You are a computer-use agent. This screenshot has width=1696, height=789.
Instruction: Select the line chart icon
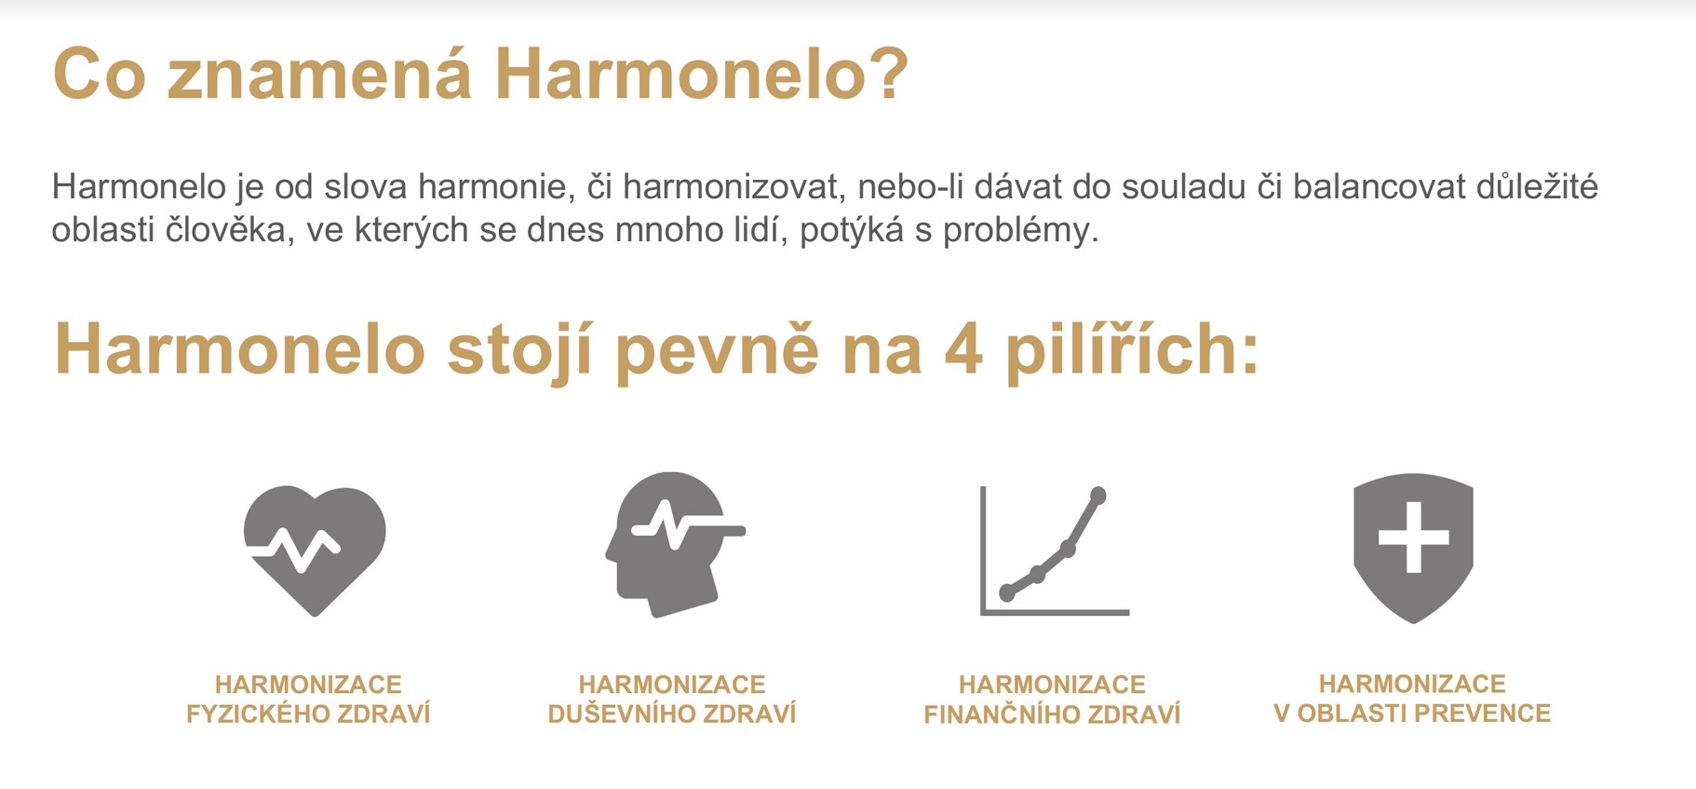pos(1055,551)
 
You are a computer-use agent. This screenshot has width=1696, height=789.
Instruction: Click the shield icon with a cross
pos(1413,548)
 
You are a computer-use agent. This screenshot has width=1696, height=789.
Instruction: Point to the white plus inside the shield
pos(1414,537)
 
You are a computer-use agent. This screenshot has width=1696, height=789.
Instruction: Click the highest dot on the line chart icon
pos(1098,495)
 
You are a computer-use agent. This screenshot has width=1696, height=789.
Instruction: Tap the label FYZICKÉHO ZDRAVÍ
pos(308,714)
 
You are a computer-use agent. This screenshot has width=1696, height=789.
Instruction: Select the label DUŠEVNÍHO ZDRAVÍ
pos(672,714)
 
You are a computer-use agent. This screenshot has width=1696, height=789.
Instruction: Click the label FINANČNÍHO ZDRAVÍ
pos(1052,714)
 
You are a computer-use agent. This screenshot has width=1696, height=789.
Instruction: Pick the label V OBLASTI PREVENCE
pos(1412,714)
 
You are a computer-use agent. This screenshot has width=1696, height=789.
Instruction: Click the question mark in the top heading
pos(890,74)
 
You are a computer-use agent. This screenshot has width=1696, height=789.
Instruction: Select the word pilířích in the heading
pos(1132,350)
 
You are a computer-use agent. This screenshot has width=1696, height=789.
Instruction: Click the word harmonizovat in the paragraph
pos(731,187)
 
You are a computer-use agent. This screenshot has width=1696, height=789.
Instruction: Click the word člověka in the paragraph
pos(225,229)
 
